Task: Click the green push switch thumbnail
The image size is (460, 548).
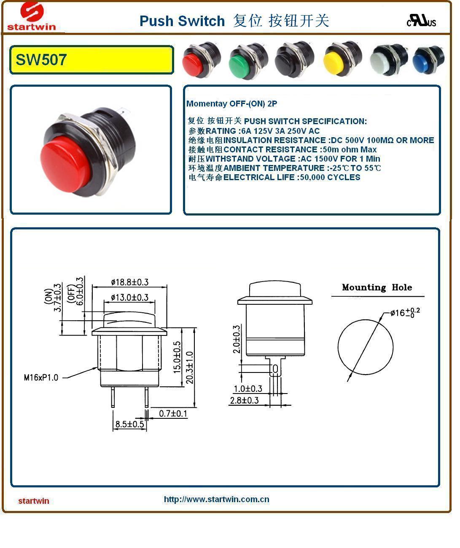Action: pyautogui.click(x=247, y=61)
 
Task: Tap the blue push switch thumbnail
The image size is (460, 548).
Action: pyautogui.click(x=428, y=61)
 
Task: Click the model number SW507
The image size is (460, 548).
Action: pyautogui.click(x=41, y=60)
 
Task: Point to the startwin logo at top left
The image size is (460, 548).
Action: pyautogui.click(x=32, y=17)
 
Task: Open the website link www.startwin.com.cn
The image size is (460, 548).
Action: pyautogui.click(x=216, y=500)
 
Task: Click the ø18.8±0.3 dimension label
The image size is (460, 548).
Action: pyautogui.click(x=129, y=282)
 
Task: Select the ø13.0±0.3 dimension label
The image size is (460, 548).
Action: pyautogui.click(x=129, y=298)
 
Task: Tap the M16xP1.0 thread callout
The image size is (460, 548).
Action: pyautogui.click(x=41, y=378)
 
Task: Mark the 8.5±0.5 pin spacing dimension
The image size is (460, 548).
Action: pyautogui.click(x=130, y=424)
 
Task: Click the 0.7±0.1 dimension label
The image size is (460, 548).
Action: pyautogui.click(x=173, y=414)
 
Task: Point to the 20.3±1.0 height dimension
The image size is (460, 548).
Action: pyautogui.click(x=190, y=367)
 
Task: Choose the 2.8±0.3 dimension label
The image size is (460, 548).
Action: pyautogui.click(x=244, y=400)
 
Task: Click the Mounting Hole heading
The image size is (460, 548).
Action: pyautogui.click(x=377, y=287)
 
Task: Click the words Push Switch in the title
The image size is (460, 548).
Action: pyautogui.click(x=182, y=21)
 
